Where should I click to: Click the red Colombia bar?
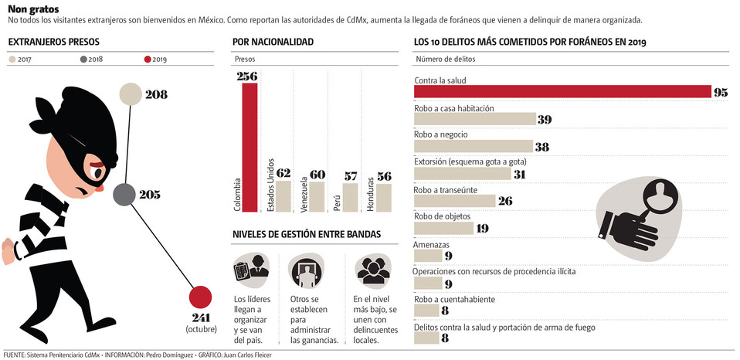point(249,147)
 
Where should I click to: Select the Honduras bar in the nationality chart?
point(383,197)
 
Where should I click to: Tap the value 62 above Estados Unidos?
point(283,173)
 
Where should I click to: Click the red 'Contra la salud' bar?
point(562,92)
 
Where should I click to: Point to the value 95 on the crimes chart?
point(721,93)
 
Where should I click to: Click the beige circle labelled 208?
point(131,94)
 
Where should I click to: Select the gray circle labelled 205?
point(125,195)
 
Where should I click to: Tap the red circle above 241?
point(200,297)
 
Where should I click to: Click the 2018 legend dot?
point(83,59)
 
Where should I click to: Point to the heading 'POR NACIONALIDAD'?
point(273,42)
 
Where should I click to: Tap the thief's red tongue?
point(97,187)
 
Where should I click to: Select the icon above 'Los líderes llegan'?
point(250,270)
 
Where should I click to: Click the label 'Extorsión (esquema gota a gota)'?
point(470,161)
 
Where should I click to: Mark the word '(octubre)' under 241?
point(199,329)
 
